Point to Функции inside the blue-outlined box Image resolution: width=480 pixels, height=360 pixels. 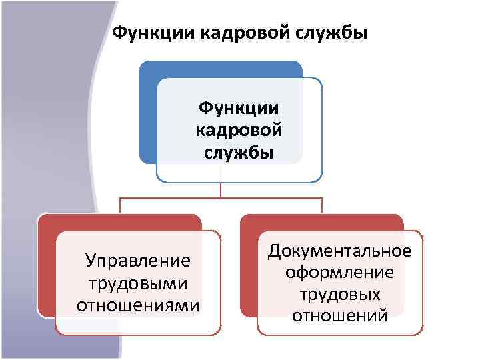[239, 108]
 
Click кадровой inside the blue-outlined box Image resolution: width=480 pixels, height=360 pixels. [239, 129]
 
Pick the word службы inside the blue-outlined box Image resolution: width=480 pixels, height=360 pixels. [239, 151]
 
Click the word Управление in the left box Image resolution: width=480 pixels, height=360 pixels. [138, 261]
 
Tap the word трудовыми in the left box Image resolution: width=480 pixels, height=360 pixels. [138, 283]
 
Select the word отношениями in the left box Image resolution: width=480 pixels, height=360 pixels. [138, 305]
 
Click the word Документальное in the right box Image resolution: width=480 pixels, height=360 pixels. [339, 251]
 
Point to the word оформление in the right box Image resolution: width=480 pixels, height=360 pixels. [339, 272]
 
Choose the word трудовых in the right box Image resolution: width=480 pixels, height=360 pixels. [339, 293]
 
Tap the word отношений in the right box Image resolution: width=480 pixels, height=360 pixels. [339, 315]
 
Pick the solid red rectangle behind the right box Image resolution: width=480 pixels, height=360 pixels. [248, 267]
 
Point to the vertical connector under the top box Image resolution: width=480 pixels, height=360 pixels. [221, 189]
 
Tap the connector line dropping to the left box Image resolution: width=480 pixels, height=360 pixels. [120, 205]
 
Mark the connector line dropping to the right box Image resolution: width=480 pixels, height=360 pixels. [322, 205]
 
